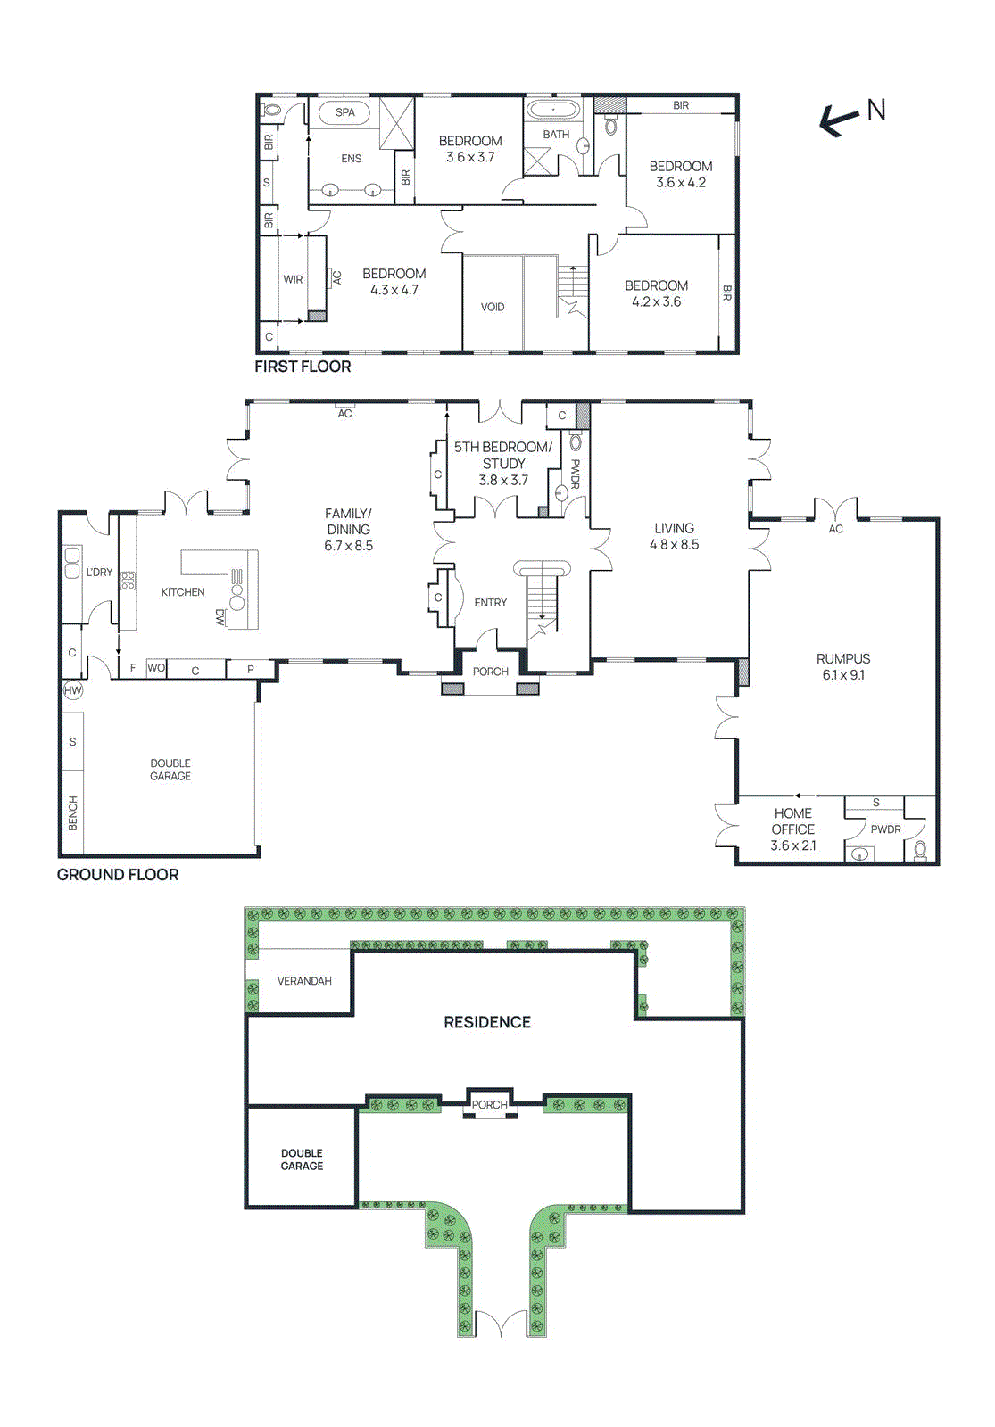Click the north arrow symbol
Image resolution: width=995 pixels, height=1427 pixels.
coord(840,120)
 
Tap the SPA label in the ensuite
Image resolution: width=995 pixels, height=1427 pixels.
coord(345,112)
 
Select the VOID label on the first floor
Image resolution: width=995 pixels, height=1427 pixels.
coord(493,307)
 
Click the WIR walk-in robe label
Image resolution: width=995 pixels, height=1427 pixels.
coord(293,279)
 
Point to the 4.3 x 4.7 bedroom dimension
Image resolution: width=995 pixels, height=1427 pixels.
coord(394,290)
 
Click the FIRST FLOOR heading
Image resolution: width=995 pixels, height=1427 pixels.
coord(303,367)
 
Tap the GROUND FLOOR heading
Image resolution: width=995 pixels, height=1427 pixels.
coord(118,875)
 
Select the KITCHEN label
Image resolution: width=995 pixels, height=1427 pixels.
coord(183,592)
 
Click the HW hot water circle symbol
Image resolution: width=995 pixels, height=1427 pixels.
coord(72,690)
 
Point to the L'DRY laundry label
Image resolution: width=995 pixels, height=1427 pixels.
coord(99,572)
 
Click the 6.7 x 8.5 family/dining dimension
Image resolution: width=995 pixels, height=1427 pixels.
coord(348,546)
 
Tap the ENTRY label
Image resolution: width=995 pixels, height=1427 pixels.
coord(490,603)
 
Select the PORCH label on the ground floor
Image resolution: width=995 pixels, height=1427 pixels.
coord(490,672)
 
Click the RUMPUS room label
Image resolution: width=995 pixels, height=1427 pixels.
coord(843,658)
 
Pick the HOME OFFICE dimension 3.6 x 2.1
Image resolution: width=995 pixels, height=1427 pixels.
coord(792,845)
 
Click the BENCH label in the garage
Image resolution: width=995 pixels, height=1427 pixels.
coord(72,813)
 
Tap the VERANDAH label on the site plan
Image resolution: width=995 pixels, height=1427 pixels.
coord(304,981)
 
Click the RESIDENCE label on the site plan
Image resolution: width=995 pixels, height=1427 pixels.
coord(487,1022)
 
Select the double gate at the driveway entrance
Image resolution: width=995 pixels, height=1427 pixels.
coord(501,1324)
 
